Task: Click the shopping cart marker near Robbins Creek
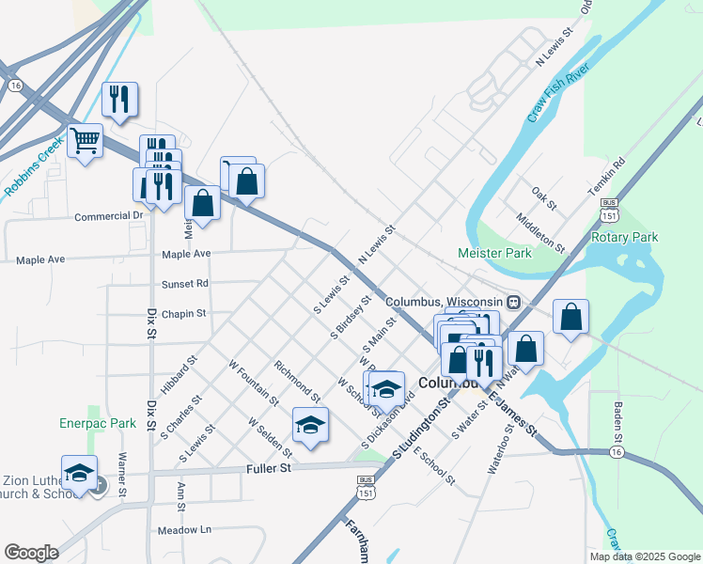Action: tap(86, 142)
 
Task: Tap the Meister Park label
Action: tap(493, 253)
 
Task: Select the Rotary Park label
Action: tap(624, 237)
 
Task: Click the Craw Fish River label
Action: tap(557, 95)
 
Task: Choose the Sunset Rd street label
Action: tap(184, 283)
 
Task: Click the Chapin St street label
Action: tap(183, 313)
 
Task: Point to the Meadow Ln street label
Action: tap(185, 529)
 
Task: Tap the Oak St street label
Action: tap(544, 198)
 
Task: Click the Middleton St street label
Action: tap(540, 233)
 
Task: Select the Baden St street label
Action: tap(618, 420)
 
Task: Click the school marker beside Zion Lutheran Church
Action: tap(80, 472)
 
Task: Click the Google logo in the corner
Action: tap(31, 553)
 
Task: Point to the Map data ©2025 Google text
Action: tap(644, 556)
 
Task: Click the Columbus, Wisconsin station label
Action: tap(445, 302)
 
